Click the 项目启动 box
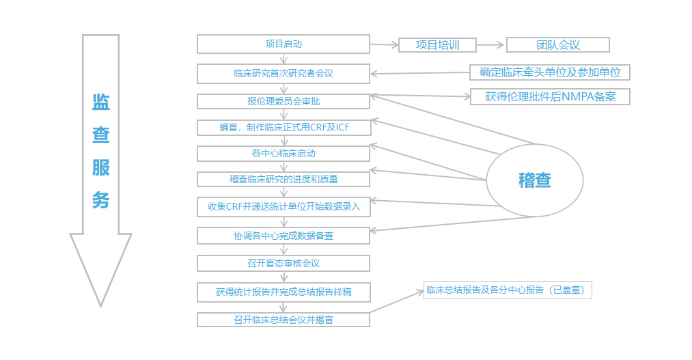(x=283, y=44)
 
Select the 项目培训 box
(x=437, y=45)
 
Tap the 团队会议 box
(x=557, y=45)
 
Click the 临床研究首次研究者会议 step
(x=283, y=73)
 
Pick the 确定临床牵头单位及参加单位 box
(x=549, y=72)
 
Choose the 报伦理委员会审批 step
(x=283, y=101)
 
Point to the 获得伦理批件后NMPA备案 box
(x=549, y=96)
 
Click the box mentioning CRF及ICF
(x=283, y=128)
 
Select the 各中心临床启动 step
(x=283, y=153)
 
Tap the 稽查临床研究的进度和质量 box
(x=283, y=179)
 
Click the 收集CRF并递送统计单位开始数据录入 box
(x=283, y=206)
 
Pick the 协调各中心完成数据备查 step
(x=283, y=236)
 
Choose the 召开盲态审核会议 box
(x=283, y=263)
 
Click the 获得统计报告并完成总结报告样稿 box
(x=283, y=292)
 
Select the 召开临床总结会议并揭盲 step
(x=283, y=319)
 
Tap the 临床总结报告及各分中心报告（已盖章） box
(x=507, y=290)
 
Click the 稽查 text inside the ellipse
(x=534, y=180)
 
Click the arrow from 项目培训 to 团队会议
(x=491, y=45)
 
